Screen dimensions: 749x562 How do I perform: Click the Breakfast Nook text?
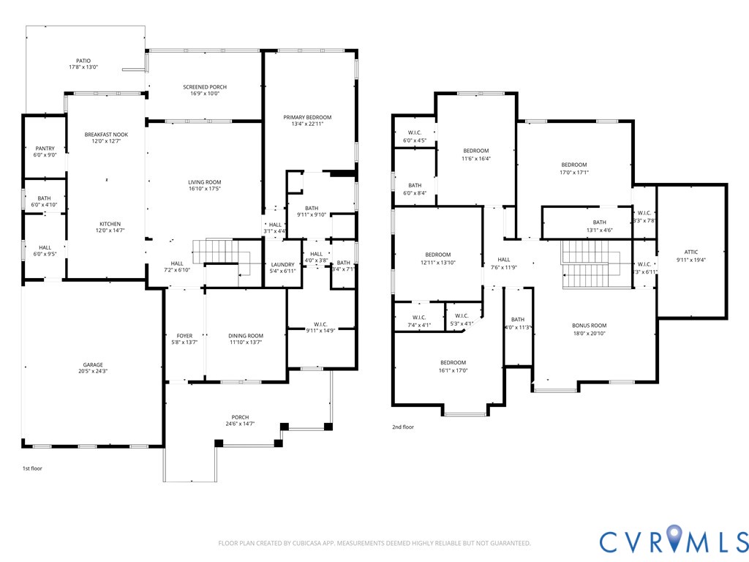click(107, 135)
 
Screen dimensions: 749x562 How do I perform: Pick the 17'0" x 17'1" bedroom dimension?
click(574, 172)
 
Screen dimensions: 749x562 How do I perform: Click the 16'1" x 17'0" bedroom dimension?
click(453, 370)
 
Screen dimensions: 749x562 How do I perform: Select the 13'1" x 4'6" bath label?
click(600, 226)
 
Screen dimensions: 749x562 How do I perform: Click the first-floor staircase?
click(222, 258)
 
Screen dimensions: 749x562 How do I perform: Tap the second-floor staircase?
click(591, 264)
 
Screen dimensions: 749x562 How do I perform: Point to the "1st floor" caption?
click(32, 468)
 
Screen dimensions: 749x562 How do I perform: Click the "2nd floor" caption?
click(403, 427)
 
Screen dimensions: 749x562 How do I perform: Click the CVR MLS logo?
click(674, 539)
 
